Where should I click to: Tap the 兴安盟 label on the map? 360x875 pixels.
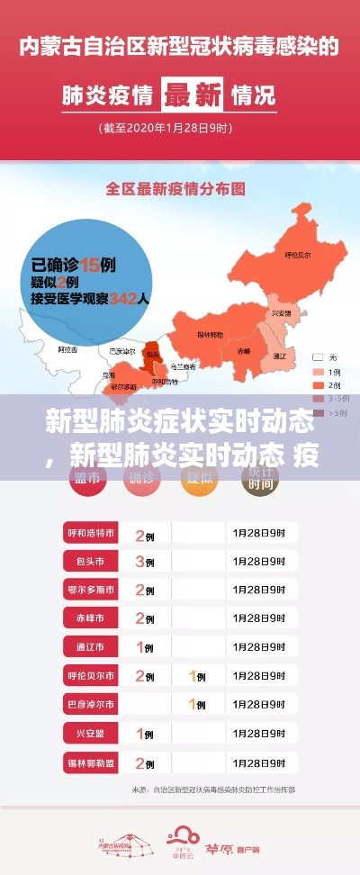point(282,312)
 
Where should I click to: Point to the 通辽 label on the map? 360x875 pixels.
point(279,356)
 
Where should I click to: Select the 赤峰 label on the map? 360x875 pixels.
point(244,350)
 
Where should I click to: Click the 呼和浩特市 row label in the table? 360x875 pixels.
point(90,534)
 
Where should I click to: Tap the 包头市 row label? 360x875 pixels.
point(90,562)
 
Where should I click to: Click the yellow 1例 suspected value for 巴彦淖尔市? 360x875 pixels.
point(195,704)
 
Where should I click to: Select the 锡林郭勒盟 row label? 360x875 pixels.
point(90,762)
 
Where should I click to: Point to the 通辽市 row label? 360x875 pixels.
point(90,647)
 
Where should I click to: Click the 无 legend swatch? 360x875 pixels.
point(317,357)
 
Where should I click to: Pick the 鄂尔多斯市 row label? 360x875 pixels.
point(90,590)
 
